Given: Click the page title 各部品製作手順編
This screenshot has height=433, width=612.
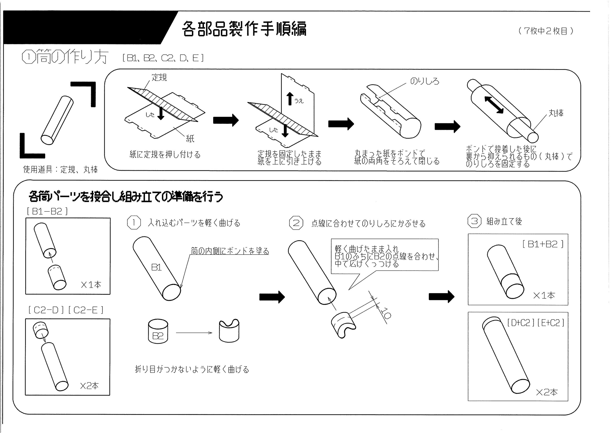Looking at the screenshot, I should tap(244, 28).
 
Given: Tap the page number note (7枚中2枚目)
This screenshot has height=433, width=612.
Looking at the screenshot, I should tap(546, 31).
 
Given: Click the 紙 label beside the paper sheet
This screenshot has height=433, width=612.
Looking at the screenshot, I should tap(190, 138).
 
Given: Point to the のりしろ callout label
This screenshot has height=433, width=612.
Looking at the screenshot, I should tap(424, 81).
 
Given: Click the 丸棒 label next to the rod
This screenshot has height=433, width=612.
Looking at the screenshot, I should tap(556, 113).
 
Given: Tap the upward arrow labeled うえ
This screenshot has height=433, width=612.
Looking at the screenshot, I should tap(290, 99).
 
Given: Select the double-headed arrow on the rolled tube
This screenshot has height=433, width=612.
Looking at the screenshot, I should tap(494, 105).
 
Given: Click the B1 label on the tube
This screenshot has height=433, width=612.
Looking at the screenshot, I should tap(156, 267).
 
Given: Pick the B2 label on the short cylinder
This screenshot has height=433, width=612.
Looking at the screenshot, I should tap(158, 336).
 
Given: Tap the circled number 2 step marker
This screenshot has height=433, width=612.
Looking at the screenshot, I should tap(296, 223).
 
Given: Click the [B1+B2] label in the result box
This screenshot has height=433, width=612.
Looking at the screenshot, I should tap(543, 244).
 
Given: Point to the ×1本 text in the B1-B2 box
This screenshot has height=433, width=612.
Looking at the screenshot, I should tap(91, 285).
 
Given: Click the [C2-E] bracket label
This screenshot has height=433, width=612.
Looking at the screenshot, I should tap(86, 310).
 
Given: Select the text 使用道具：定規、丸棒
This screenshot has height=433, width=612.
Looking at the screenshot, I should tap(60, 169).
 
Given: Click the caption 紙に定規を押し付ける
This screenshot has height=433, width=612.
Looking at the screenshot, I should tap(165, 155).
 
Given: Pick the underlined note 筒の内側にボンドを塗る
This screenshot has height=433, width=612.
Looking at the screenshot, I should tap(230, 251).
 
